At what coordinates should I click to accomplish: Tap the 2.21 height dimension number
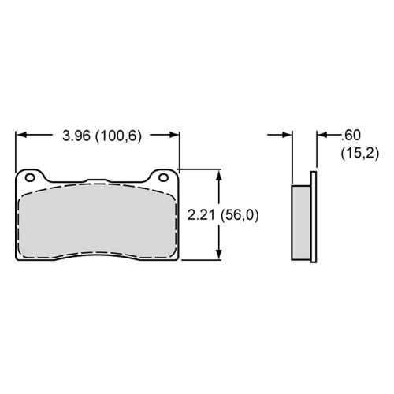click(202, 214)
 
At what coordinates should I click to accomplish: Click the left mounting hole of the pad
click(30, 176)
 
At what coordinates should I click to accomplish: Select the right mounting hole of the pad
click(164, 176)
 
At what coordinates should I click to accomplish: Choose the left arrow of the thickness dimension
click(287, 136)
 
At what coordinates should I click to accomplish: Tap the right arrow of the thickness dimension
click(322, 136)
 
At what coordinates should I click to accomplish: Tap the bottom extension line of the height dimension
click(201, 260)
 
